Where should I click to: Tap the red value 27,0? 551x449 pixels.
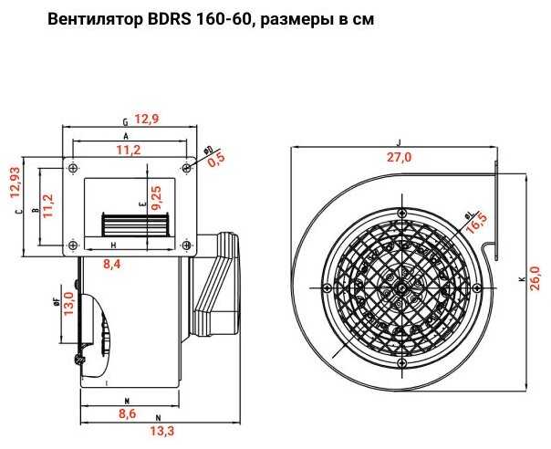pos(400,157)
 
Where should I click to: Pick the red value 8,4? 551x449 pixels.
pos(113,265)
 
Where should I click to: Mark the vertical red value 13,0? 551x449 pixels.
pos(68,300)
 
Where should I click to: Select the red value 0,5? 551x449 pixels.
pos(216,161)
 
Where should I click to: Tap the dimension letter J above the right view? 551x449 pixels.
pos(399,141)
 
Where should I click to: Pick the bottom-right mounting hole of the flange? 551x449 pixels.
pos(186,243)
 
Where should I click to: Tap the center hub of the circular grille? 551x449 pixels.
pos(401,287)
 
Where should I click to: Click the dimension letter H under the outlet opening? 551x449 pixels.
pos(113,247)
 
